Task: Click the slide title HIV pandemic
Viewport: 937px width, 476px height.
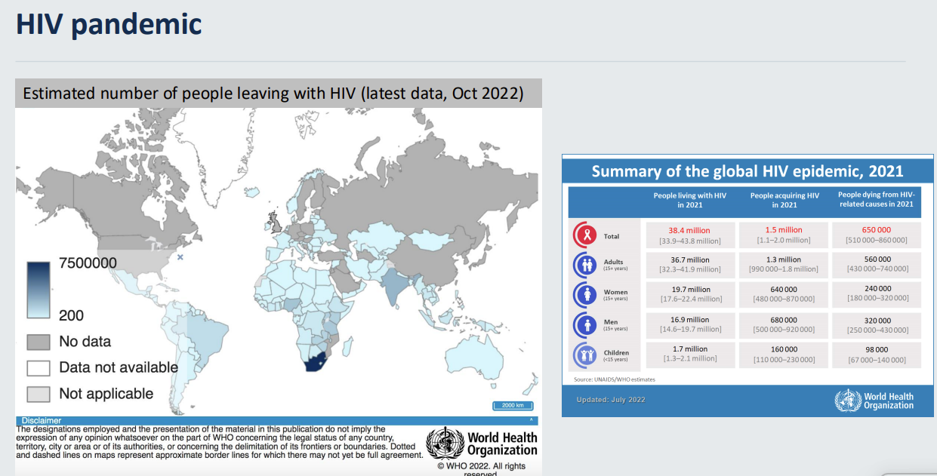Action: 109,24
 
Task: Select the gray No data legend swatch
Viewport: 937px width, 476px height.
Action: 39,342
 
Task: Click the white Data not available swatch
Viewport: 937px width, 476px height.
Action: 39,367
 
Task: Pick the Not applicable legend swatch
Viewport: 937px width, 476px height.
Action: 39,394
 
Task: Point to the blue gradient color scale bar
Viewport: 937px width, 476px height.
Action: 39,289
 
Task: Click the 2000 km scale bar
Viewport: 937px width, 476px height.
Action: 513,406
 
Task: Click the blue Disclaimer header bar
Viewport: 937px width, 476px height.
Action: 276,420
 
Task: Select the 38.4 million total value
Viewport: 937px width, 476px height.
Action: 689,230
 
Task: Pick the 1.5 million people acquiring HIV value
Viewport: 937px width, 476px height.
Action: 784,230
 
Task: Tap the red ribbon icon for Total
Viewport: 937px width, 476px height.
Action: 585,235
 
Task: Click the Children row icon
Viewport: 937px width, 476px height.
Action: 585,355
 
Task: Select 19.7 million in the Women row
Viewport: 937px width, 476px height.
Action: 689,289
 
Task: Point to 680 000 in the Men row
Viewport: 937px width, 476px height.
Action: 784,319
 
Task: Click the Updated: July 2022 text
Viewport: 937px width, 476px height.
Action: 610,400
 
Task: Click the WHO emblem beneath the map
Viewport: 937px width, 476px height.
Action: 445,443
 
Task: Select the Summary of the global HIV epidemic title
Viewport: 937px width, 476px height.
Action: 747,171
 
